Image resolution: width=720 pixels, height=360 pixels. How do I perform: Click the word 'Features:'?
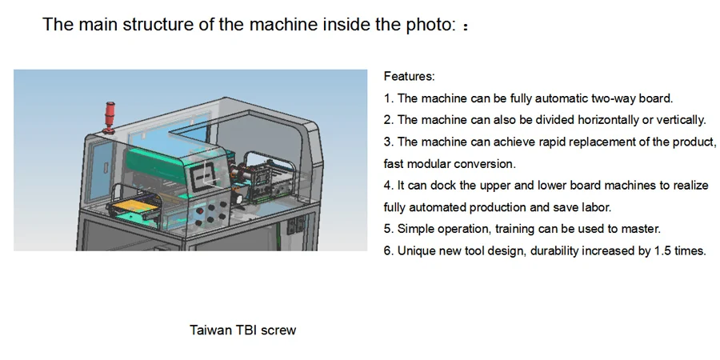[409, 77]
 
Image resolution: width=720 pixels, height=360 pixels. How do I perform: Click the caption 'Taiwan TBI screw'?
[242, 330]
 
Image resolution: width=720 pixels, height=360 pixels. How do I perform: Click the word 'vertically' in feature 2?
[678, 120]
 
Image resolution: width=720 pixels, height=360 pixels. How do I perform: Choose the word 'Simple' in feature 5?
[416, 229]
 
